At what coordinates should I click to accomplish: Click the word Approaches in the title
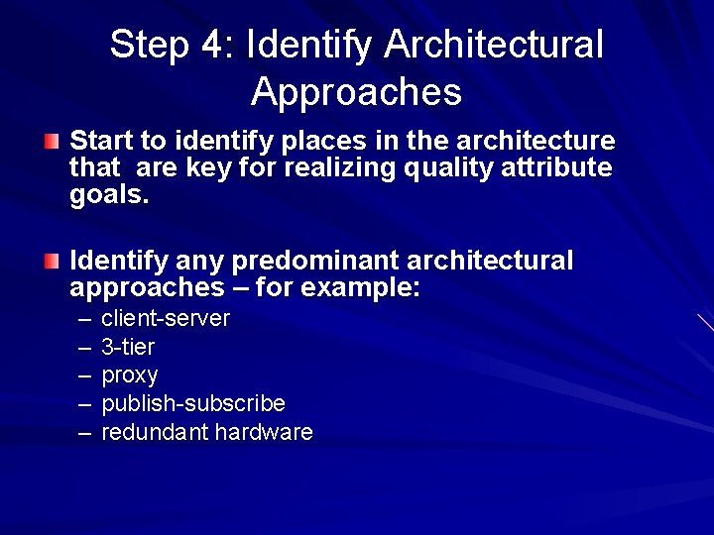tap(356, 92)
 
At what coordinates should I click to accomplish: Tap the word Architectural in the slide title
tap(494, 45)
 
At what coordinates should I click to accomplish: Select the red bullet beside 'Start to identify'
tap(51, 142)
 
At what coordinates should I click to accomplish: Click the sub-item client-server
tap(166, 319)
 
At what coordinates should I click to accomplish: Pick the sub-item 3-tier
tap(128, 347)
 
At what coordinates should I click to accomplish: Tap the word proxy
tap(130, 376)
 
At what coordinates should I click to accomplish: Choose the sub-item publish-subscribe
tap(193, 404)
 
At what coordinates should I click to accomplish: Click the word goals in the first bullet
tap(107, 196)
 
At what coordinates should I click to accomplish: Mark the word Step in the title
tap(150, 45)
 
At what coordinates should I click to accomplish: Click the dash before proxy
tap(83, 375)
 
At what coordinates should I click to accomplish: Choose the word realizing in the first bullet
tap(340, 168)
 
